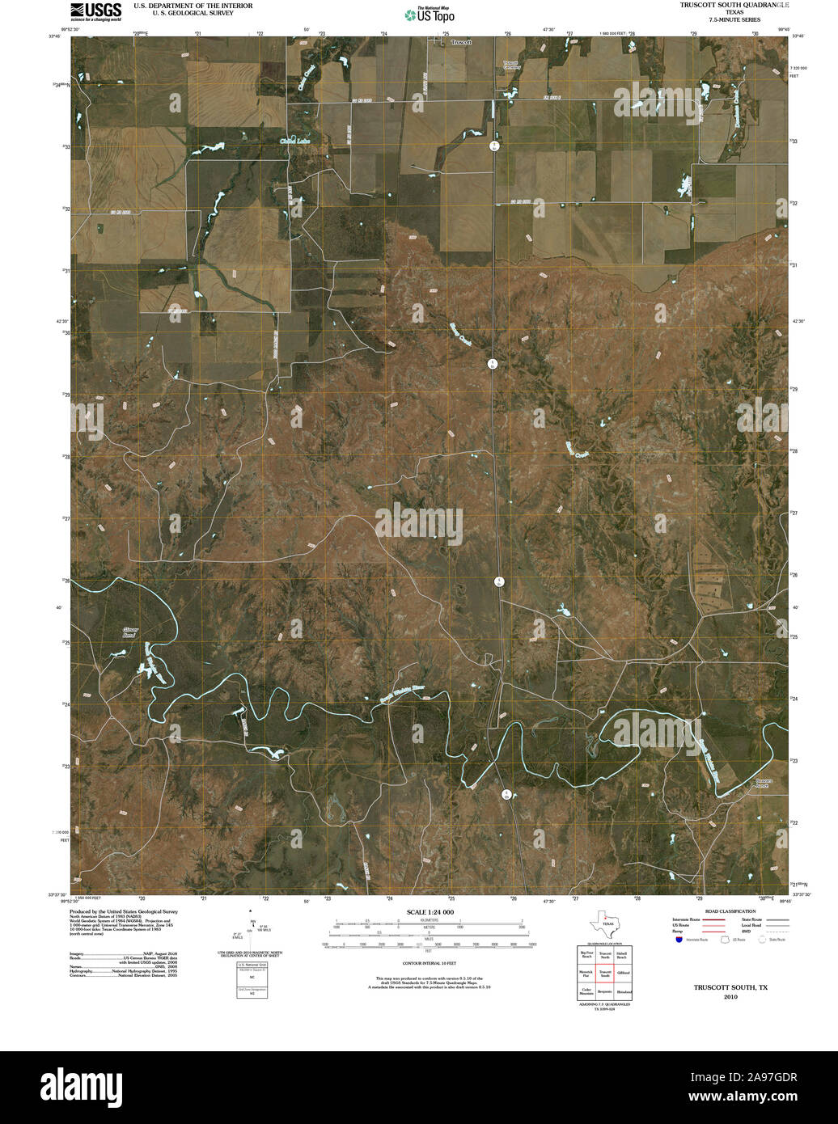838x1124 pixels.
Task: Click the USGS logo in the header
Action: point(95,11)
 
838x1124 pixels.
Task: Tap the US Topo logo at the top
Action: point(430,15)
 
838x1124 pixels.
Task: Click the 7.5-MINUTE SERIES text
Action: point(734,19)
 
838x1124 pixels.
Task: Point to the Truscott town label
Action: point(461,41)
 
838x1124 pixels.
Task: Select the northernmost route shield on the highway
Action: point(493,146)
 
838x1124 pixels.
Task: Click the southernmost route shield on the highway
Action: point(506,794)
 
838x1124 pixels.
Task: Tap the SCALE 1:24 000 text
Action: point(419,911)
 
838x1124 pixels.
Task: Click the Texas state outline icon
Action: point(603,923)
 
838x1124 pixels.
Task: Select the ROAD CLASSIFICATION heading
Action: point(724,911)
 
